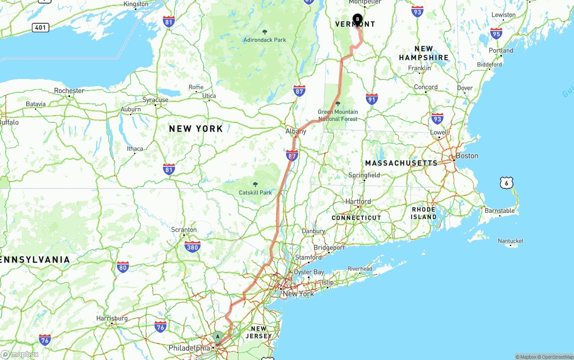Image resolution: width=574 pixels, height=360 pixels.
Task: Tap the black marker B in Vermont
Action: click(x=357, y=19)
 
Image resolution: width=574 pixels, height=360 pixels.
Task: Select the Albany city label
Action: click(x=296, y=131)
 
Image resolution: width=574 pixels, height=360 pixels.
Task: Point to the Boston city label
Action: click(x=467, y=156)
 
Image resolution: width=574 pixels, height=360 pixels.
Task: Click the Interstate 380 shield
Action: click(x=192, y=247)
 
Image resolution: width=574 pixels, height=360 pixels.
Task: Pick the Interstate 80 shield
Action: click(x=122, y=267)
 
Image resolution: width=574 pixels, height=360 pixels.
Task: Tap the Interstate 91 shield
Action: click(x=372, y=99)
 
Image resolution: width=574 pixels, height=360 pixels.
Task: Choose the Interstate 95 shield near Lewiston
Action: click(x=496, y=34)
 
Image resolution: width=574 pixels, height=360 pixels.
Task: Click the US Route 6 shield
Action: click(x=506, y=182)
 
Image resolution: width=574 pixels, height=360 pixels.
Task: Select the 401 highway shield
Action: click(x=40, y=27)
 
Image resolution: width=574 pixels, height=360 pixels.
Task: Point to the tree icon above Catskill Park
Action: click(x=256, y=185)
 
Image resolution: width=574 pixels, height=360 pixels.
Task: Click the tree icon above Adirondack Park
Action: click(x=265, y=32)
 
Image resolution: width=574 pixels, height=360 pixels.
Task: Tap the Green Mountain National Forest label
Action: click(x=338, y=115)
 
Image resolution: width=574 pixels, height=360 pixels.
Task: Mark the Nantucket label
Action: click(x=510, y=241)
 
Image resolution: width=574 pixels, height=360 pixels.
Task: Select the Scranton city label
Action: click(x=184, y=230)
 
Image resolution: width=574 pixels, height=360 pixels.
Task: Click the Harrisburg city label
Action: click(x=112, y=318)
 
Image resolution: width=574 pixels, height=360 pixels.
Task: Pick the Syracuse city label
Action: click(x=155, y=100)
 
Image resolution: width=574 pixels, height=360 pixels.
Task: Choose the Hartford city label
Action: click(x=358, y=201)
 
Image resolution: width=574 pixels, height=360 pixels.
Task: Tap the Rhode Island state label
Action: click(x=424, y=213)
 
